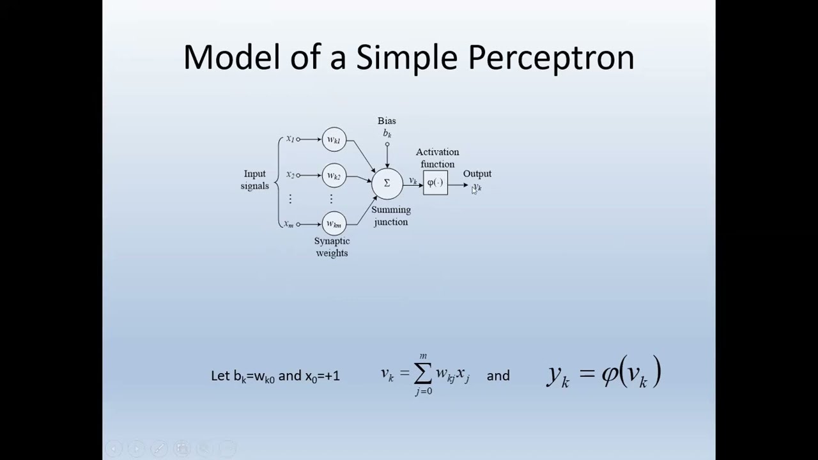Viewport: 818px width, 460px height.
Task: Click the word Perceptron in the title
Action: pyautogui.click(x=551, y=57)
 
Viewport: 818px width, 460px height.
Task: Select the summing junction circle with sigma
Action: pyautogui.click(x=387, y=183)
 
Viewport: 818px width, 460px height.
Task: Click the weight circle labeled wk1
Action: pyautogui.click(x=334, y=140)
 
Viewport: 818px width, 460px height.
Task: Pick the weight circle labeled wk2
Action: pyautogui.click(x=334, y=176)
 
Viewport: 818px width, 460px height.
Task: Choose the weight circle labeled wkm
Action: pyautogui.click(x=334, y=224)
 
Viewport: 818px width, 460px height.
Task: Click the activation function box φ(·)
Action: pyautogui.click(x=435, y=183)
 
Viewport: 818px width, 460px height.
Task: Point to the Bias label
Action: pyautogui.click(x=387, y=121)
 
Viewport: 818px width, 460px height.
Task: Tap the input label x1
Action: pyautogui.click(x=289, y=139)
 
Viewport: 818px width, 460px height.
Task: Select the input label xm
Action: pyautogui.click(x=289, y=224)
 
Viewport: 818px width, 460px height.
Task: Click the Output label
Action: pyautogui.click(x=477, y=174)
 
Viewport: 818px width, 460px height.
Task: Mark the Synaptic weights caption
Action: pyautogui.click(x=332, y=247)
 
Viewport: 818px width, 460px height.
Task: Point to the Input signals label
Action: pyautogui.click(x=254, y=180)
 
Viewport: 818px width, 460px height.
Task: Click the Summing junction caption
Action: pyautogui.click(x=390, y=216)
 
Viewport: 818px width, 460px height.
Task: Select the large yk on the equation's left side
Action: pyautogui.click(x=558, y=375)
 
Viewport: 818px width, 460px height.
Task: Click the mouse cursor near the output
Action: pyautogui.click(x=474, y=190)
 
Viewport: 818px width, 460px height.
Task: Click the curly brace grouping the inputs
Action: pyautogui.click(x=277, y=182)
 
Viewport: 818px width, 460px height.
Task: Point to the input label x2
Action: pyautogui.click(x=289, y=174)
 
